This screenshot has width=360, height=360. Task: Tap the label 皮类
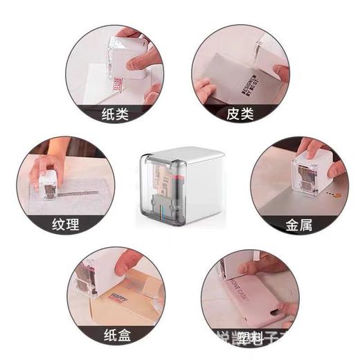240,114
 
